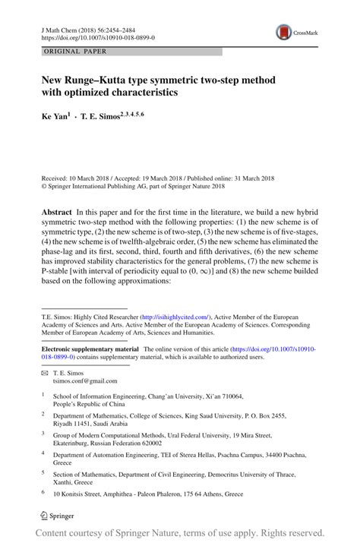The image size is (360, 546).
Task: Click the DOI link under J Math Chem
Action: [95, 36]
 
